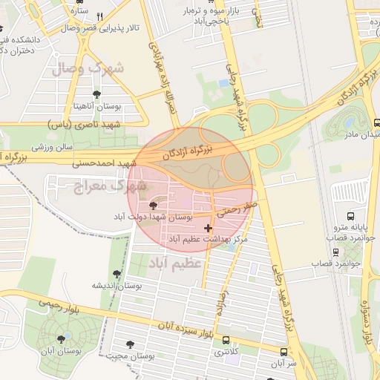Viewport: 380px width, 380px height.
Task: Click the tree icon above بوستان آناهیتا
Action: point(96,94)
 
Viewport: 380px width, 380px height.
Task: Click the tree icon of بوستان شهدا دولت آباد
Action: point(153,205)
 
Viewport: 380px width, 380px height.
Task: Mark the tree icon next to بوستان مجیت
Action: point(131,344)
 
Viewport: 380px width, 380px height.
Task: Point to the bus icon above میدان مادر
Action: point(377,123)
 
